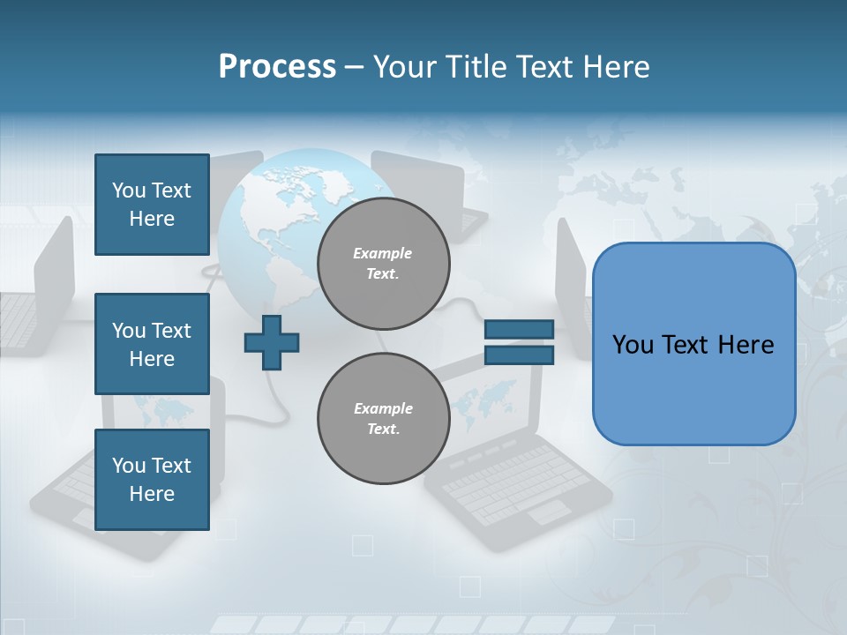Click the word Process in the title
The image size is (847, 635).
tap(277, 67)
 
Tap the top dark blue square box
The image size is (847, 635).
tap(152, 205)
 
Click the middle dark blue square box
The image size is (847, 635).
tap(152, 344)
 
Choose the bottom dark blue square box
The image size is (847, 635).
tap(152, 480)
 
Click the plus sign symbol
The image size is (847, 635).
tap(272, 342)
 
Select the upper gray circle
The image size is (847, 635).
tap(383, 263)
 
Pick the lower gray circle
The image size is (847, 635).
tap(383, 418)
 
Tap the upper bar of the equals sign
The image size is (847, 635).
tap(519, 329)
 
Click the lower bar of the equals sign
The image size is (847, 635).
tap(519, 355)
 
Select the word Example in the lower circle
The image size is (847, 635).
tap(383, 408)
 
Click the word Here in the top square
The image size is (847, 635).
tap(152, 219)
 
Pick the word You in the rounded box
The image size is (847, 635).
tap(633, 345)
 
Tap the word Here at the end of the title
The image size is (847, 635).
tap(616, 67)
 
